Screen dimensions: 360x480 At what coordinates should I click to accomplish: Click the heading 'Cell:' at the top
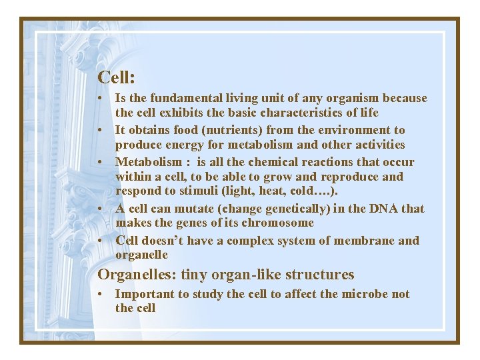pyautogui.click(x=117, y=77)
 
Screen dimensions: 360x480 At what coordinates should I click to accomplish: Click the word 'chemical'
pyautogui.click(x=265, y=162)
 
